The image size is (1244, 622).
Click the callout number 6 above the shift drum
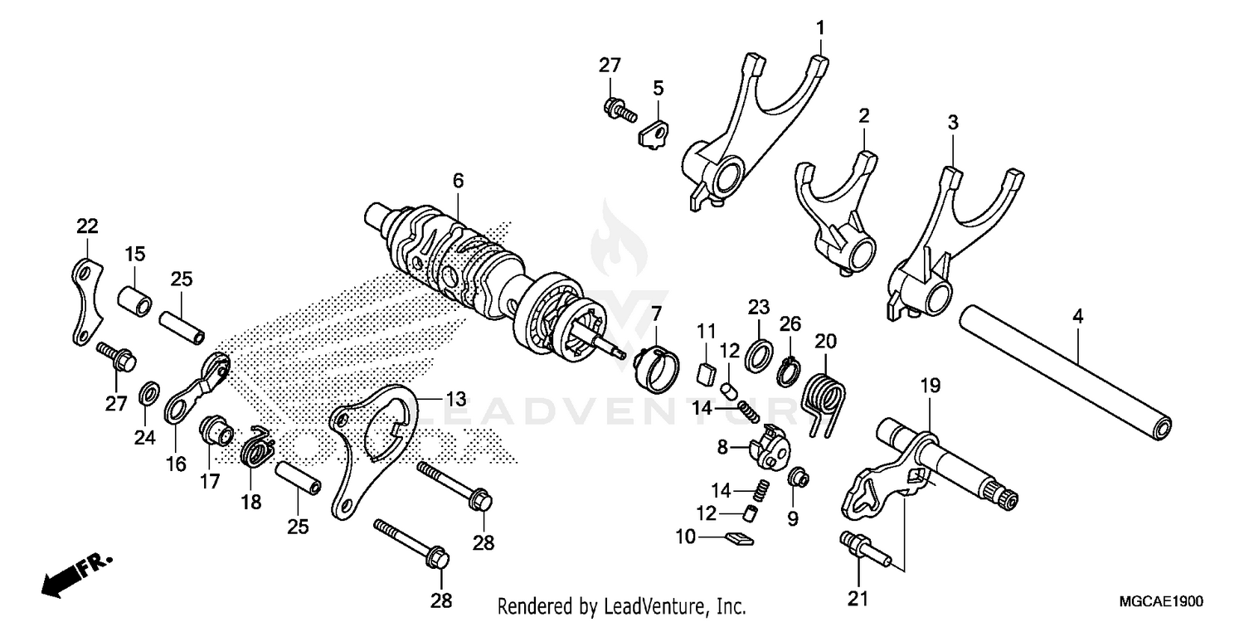click(x=459, y=180)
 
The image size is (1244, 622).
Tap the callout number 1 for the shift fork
click(x=819, y=28)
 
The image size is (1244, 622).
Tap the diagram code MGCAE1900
click(x=1160, y=600)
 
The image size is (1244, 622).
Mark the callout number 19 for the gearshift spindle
click(x=931, y=385)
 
